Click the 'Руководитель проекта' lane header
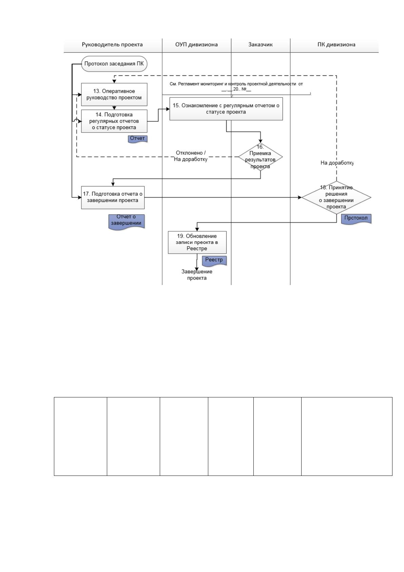[112, 45]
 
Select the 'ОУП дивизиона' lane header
[196, 45]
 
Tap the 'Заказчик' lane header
[261, 45]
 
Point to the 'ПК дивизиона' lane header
[336, 45]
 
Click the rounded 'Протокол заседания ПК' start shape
[114, 64]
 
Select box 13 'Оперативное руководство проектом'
[114, 94]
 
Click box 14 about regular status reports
[114, 121]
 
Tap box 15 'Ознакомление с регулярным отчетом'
[226, 109]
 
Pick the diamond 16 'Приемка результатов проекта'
[260, 157]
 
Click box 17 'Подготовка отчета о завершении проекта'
[113, 197]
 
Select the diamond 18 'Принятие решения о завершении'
[336, 197]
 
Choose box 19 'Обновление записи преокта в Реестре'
[197, 242]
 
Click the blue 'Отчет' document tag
[137, 139]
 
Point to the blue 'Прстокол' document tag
[356, 219]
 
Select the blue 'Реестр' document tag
[214, 261]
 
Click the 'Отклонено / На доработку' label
[191, 156]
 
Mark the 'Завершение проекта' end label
[197, 275]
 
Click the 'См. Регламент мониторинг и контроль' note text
[236, 87]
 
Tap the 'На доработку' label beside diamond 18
[337, 163]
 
